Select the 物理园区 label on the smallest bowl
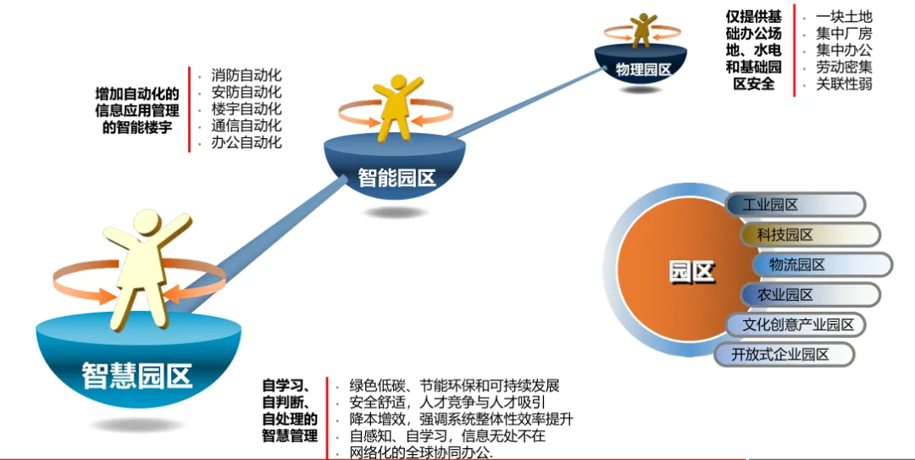(643, 70)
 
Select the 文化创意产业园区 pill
(798, 324)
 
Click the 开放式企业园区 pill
(779, 354)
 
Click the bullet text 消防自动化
(247, 75)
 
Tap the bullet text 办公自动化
(247, 142)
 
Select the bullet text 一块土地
(844, 16)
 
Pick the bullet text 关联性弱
(844, 84)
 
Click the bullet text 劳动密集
(844, 67)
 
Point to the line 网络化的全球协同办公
(420, 452)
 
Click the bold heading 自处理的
(290, 418)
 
